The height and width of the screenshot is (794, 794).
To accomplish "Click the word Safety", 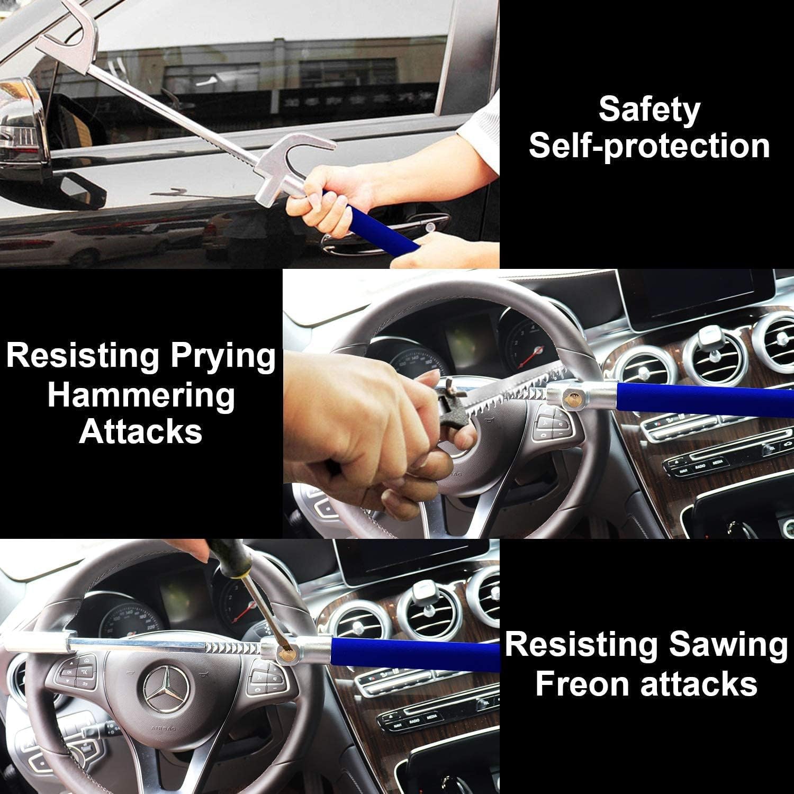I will pyautogui.click(x=649, y=110).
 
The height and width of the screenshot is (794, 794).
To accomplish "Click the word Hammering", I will pyautogui.click(x=141, y=395).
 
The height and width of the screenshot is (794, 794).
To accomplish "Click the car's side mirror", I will pyautogui.click(x=21, y=127).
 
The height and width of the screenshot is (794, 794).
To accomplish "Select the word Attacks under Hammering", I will pyautogui.click(x=141, y=431).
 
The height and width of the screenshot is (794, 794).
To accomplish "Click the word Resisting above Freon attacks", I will pyautogui.click(x=580, y=646).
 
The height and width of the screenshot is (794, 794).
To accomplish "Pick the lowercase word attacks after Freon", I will pyautogui.click(x=699, y=683).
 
